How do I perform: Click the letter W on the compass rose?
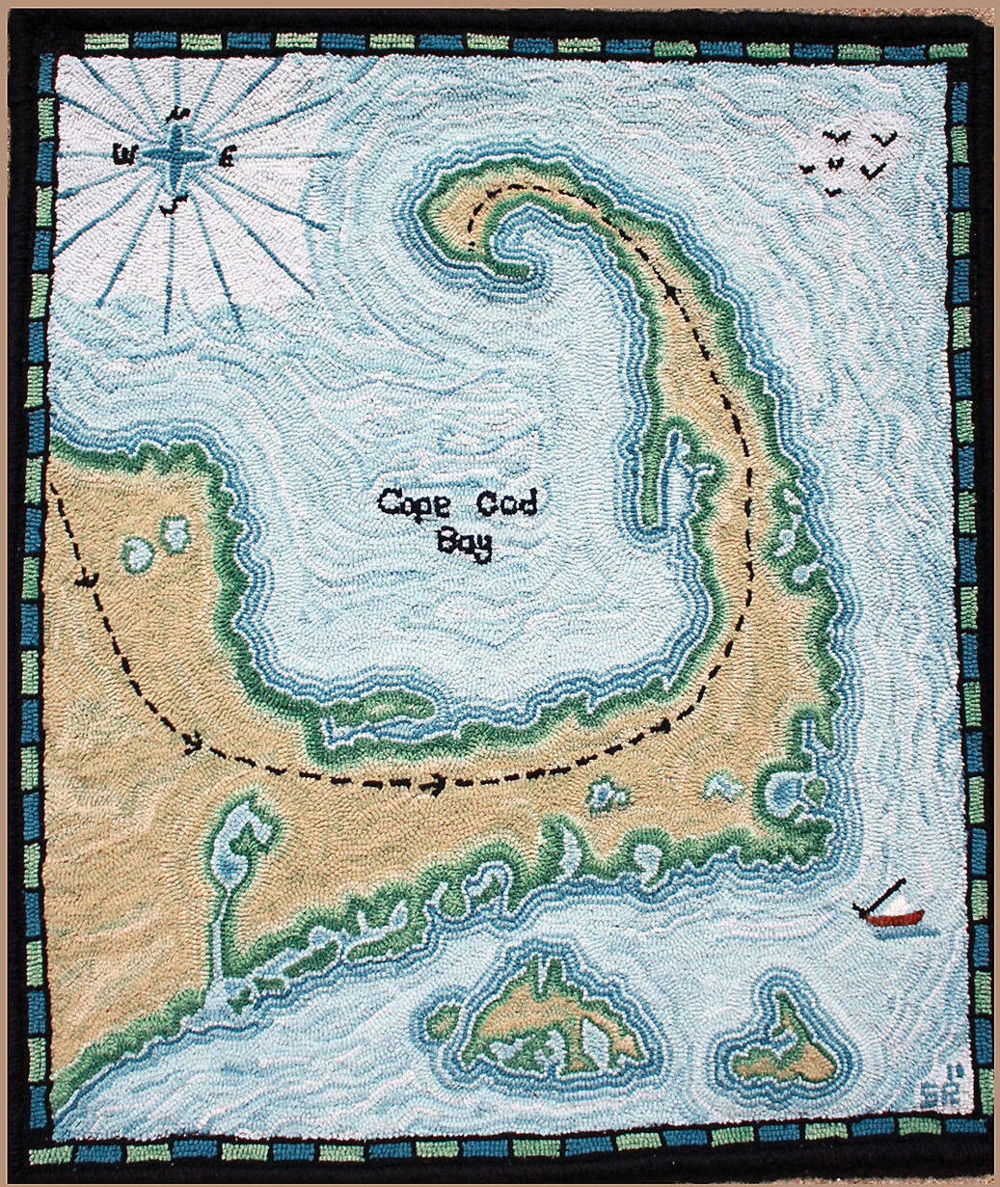coord(122,153)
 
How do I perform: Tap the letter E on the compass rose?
coord(227,155)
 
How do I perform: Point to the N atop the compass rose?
coord(176,114)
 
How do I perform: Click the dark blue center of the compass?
coord(177,154)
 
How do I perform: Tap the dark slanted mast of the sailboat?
coord(878,897)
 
